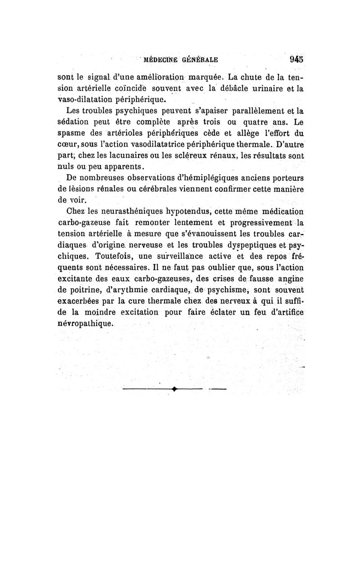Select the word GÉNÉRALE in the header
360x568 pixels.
(x=200, y=59)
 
